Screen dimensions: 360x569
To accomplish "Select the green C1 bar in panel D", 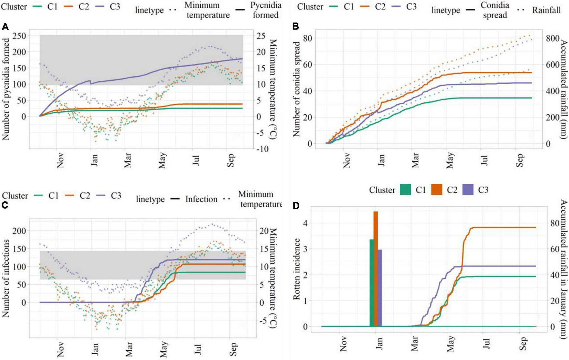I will coord(372,283).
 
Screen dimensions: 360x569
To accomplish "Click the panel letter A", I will coord(5,27).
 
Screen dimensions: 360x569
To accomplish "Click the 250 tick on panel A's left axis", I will coord(19,36).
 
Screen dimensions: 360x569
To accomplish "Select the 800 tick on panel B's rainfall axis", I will coord(552,39).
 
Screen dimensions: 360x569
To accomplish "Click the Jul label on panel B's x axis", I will coord(485,160).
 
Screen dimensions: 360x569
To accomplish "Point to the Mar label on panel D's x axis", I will coord(415,343).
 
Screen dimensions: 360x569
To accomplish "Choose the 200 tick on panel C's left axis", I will coord(19,231).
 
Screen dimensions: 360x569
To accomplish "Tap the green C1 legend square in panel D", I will coord(406,190).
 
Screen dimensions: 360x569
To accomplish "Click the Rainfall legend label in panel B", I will coord(546,10).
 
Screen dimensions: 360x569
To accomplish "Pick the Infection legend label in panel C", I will coord(201,199).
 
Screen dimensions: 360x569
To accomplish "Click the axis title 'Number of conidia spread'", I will coord(296,89).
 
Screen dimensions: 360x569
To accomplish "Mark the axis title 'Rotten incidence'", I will coord(297,269).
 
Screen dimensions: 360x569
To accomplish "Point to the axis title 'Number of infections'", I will coord(6,278).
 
